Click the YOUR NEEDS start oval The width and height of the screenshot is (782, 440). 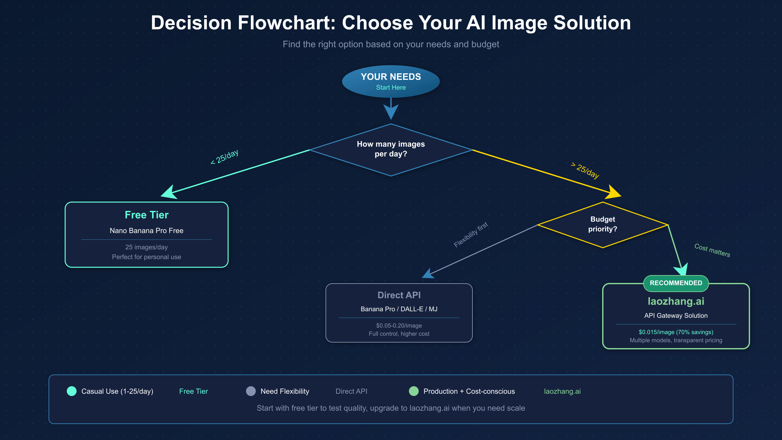click(x=391, y=81)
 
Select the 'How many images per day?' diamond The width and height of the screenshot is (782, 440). click(x=391, y=149)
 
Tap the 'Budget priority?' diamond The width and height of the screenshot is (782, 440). click(x=602, y=224)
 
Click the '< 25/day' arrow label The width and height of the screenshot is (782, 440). click(x=225, y=157)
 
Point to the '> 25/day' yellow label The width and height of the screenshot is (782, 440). click(x=586, y=170)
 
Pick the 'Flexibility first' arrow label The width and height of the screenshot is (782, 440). click(x=471, y=235)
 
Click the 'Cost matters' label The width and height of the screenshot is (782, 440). click(x=712, y=250)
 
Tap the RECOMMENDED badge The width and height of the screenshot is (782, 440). click(x=676, y=283)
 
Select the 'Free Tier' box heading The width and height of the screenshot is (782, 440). click(x=147, y=215)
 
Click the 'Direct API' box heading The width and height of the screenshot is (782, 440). click(x=399, y=295)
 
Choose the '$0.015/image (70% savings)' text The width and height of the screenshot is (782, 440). click(x=676, y=332)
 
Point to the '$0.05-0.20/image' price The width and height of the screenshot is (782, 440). click(x=399, y=326)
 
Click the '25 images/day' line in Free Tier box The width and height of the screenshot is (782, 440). click(x=147, y=247)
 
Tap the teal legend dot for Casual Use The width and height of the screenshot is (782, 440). click(x=72, y=391)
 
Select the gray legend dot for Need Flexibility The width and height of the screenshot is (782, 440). click(x=251, y=391)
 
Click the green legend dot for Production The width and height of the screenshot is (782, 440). click(x=414, y=391)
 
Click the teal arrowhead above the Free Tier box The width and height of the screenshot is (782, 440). click(x=169, y=192)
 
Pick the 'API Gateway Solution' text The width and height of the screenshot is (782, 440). click(x=676, y=315)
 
